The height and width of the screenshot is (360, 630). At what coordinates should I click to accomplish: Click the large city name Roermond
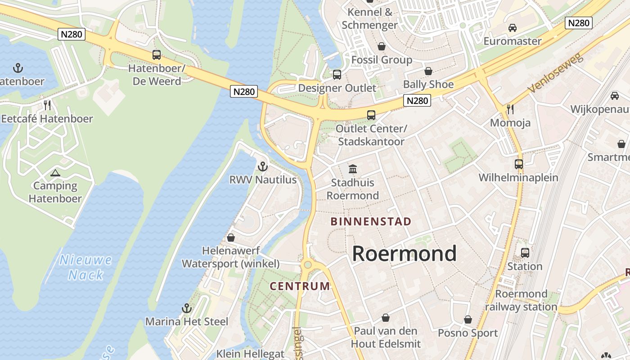[404, 253]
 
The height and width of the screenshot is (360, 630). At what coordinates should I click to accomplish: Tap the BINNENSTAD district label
[371, 221]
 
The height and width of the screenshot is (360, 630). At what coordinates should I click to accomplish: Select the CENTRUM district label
[300, 286]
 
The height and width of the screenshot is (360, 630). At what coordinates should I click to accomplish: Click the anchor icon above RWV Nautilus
[262, 166]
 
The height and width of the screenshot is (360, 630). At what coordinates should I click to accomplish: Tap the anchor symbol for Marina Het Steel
[186, 308]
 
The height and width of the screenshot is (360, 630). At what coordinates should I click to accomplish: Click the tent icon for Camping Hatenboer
[55, 173]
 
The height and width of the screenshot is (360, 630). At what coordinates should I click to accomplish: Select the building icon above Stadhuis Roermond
[353, 169]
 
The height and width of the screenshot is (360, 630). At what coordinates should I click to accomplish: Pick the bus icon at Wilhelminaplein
[519, 164]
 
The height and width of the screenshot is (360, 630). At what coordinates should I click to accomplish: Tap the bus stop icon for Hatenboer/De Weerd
[156, 55]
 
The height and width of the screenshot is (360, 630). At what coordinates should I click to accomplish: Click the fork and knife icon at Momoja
[510, 109]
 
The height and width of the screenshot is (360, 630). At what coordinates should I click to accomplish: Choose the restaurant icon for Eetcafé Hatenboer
[47, 105]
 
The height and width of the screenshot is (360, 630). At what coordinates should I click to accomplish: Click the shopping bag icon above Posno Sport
[468, 319]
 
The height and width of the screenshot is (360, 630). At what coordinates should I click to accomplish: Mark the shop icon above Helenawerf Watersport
[231, 237]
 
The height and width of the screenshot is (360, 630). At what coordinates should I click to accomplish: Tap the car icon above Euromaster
[512, 28]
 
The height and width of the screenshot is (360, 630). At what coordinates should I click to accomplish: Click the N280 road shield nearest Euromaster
[578, 23]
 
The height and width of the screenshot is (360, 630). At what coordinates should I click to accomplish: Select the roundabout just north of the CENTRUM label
[307, 265]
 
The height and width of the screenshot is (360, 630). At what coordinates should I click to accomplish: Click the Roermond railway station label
[521, 300]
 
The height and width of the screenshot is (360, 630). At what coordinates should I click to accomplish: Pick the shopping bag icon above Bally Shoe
[428, 71]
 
